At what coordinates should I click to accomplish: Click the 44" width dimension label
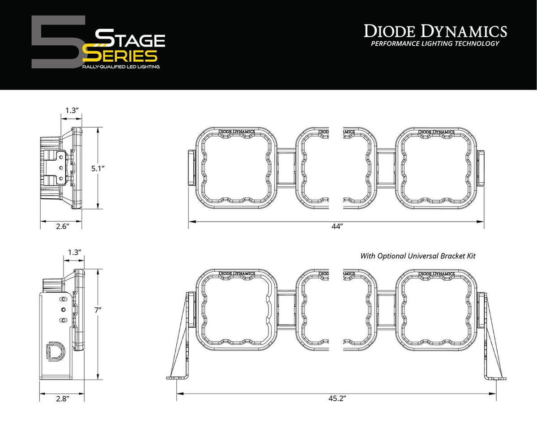click(337, 227)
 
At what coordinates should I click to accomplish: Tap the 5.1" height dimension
click(97, 168)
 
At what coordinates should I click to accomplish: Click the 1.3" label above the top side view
click(71, 110)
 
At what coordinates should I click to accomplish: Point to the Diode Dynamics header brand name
click(435, 31)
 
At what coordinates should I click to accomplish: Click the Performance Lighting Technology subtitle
click(435, 43)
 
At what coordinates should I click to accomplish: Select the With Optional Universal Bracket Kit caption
click(418, 256)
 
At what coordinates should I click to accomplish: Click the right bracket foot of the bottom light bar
click(497, 377)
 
